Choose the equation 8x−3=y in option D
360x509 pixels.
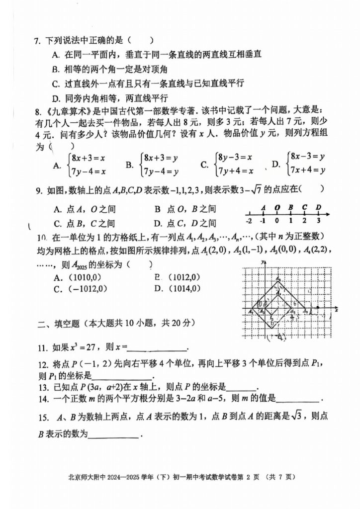coord(308,157)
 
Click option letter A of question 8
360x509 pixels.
coord(57,165)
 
